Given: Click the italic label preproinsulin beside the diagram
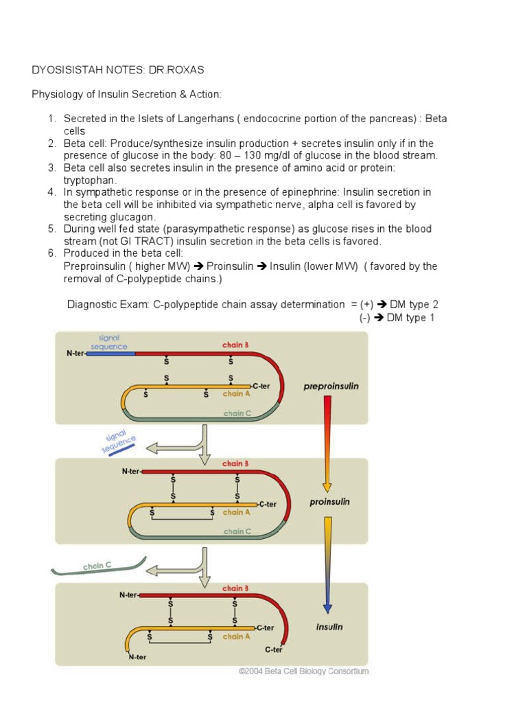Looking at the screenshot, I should (x=331, y=387).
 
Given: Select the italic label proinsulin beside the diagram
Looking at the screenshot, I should (x=329, y=502).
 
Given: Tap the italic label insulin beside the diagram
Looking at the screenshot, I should (x=329, y=627).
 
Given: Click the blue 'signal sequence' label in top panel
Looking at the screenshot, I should (x=109, y=342).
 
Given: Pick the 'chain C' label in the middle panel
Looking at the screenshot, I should (x=237, y=531).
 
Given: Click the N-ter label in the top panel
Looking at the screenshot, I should (x=75, y=354).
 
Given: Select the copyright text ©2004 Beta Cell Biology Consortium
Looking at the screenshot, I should (x=303, y=671).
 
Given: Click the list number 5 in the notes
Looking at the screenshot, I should (x=51, y=229).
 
